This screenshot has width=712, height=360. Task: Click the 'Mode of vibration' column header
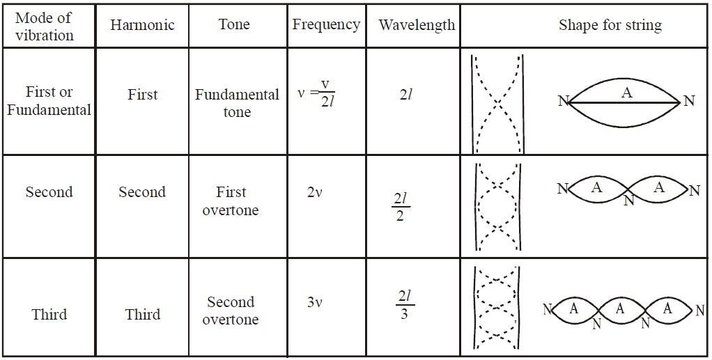[44, 26]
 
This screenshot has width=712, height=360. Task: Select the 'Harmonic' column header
[142, 24]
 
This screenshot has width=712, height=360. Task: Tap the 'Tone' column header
[234, 24]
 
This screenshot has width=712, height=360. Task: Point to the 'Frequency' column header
[326, 24]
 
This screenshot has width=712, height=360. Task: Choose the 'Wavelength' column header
[417, 25]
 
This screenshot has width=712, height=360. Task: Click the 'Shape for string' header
[610, 25]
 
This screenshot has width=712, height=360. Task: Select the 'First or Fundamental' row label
[49, 101]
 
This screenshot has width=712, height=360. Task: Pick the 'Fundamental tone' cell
[237, 103]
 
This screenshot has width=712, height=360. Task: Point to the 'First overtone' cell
[231, 201]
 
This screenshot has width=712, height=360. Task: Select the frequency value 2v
[314, 192]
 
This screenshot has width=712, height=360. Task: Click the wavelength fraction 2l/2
[401, 207]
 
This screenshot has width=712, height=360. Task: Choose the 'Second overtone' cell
[231, 311]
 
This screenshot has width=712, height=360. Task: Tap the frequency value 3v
[314, 302]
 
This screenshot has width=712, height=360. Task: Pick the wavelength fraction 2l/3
[405, 304]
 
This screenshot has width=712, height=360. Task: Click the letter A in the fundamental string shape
[627, 93]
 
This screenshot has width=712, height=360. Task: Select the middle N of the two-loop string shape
[629, 200]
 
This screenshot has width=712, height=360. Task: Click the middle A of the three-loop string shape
[620, 309]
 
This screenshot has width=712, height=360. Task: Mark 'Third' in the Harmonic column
[143, 314]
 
